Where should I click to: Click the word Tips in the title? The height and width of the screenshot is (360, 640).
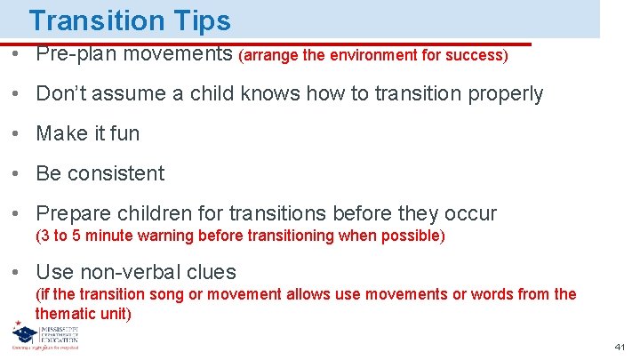click(x=198, y=20)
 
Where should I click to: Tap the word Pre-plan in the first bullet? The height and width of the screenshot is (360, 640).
click(x=76, y=53)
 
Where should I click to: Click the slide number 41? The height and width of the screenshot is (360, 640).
click(x=620, y=347)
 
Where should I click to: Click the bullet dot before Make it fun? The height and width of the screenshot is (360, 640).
click(x=18, y=134)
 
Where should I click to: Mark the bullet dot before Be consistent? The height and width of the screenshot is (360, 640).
click(x=18, y=174)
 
